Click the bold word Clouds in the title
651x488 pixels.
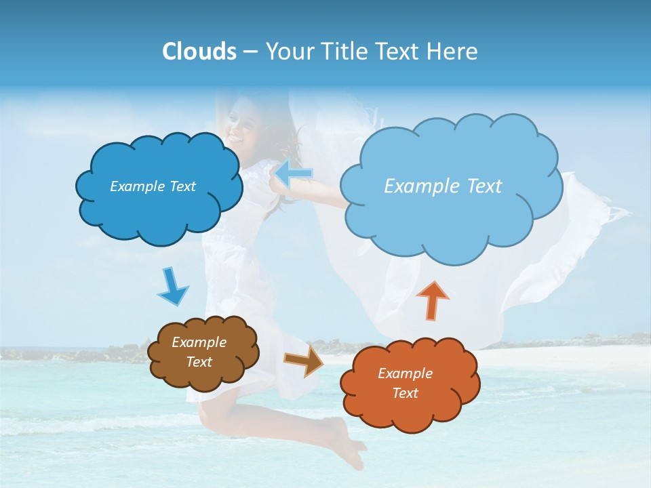(199, 52)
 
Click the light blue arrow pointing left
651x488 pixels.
(293, 174)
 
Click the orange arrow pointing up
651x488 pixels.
(432, 300)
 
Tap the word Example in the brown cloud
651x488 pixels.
(199, 342)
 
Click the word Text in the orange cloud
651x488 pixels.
(405, 393)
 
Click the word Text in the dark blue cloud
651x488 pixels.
(182, 186)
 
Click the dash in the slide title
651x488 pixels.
(250, 52)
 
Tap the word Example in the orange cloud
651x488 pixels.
(405, 373)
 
